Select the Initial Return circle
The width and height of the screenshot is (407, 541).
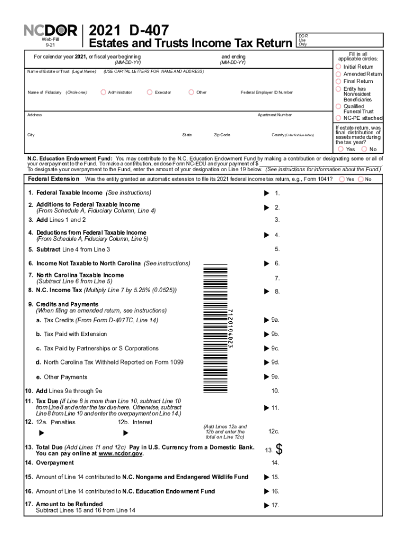338,67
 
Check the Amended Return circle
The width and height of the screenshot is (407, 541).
338,74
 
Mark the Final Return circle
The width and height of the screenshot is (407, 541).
338,81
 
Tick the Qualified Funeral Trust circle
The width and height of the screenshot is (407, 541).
338,106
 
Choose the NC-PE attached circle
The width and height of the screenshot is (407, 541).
338,118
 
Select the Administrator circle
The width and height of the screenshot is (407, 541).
104,92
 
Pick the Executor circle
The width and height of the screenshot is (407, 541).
150,92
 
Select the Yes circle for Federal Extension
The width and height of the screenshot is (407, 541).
341,179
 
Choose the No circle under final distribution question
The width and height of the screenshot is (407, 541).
364,149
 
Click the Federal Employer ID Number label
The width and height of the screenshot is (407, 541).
266,92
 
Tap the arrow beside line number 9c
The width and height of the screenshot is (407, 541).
266,348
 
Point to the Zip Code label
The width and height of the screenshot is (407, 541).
221,135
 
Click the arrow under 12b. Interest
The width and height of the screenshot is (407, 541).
126,433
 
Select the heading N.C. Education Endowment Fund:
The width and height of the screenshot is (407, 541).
70,158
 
